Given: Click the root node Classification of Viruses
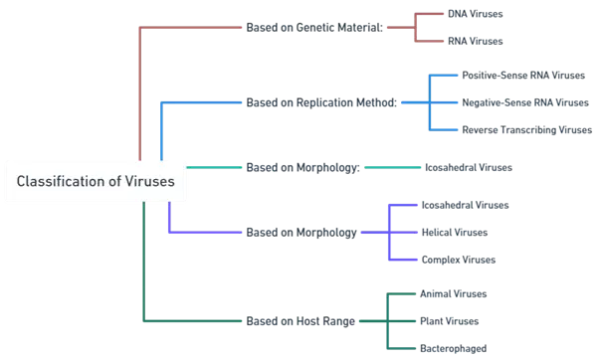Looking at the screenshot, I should click(x=96, y=182).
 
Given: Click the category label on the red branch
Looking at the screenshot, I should click(x=313, y=27).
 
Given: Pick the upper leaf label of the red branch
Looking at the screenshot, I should click(x=477, y=14).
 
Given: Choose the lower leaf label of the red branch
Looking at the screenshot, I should click(x=477, y=41).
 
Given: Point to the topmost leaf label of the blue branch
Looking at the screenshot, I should click(x=518, y=75).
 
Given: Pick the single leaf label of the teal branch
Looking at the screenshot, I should click(x=468, y=167).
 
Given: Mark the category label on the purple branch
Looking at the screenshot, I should click(x=300, y=234).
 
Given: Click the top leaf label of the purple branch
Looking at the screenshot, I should click(x=465, y=206).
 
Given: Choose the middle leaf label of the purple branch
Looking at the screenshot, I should click(x=457, y=233).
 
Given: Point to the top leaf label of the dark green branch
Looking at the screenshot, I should click(x=456, y=294).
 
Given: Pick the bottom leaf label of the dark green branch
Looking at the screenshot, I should click(x=456, y=348).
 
